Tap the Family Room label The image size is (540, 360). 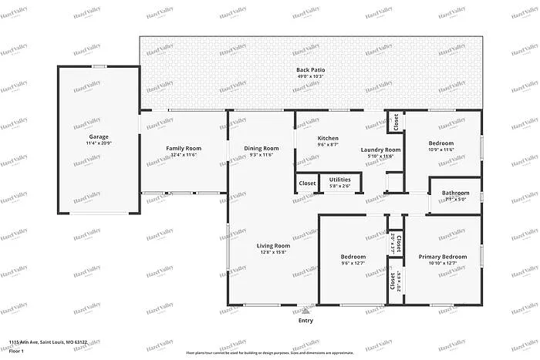point(184,148)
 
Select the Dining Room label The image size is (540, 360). point(261,148)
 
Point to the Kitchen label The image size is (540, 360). point(328,138)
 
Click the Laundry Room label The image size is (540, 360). point(380,150)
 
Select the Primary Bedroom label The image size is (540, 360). point(442,256)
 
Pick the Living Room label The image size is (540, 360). point(273,245)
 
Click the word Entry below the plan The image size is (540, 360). point(305,320)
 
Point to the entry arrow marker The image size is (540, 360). point(305,310)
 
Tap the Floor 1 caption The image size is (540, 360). point(18,351)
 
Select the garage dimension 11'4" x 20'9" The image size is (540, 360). point(98,143)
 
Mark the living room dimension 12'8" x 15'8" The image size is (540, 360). point(273,252)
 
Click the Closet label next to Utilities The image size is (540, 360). point(307,183)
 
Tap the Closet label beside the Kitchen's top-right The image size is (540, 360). point(395,122)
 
